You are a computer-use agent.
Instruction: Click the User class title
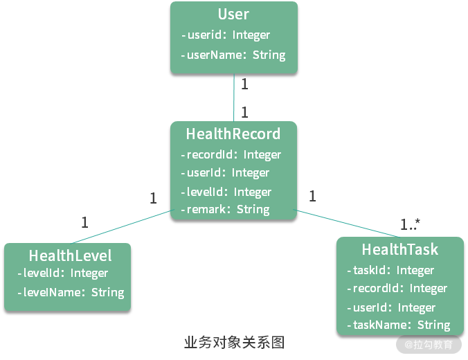tap(233, 15)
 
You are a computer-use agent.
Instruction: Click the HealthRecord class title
tap(233, 134)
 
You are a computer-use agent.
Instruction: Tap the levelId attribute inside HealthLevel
tap(66, 273)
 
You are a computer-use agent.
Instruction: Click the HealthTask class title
tap(400, 249)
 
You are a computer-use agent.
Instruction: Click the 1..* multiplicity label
tap(411, 224)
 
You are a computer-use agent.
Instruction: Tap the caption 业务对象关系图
tap(234, 342)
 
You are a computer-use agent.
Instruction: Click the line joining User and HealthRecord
tap(234, 97)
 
